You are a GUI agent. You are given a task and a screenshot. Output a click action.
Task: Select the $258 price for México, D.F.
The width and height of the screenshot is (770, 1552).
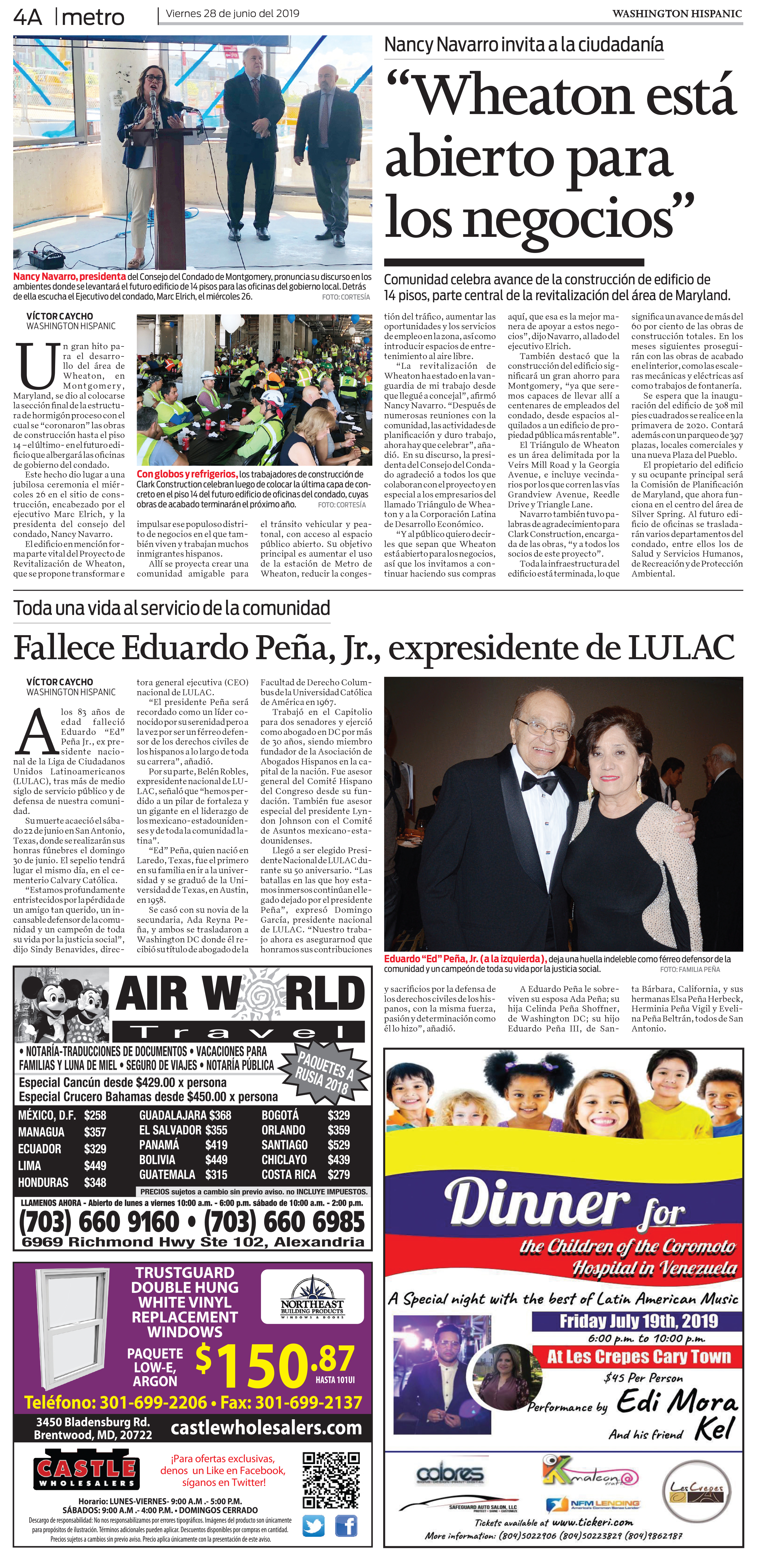click(x=95, y=1115)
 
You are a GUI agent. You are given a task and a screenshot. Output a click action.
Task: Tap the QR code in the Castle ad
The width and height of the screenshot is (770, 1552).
click(x=331, y=1480)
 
